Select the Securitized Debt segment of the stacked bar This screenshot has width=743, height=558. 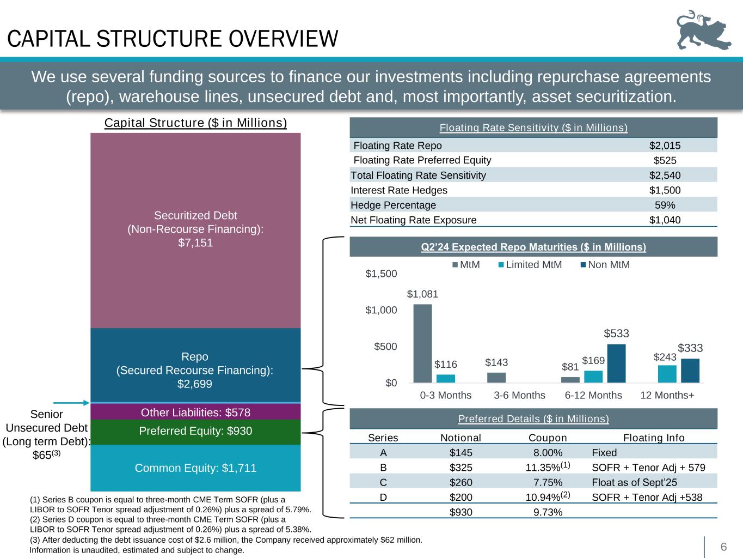point(195,229)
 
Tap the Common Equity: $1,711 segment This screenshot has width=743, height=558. point(195,468)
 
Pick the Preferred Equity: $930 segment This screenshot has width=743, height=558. point(195,431)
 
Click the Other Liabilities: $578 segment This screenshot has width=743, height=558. point(195,412)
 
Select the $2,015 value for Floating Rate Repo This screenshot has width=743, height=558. point(665,145)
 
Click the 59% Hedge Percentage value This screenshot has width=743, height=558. point(665,205)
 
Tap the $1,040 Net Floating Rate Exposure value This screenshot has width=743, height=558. point(665,220)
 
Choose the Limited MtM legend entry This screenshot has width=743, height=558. point(529,265)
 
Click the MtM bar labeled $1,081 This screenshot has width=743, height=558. point(422,343)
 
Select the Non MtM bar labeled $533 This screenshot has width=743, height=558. point(616,363)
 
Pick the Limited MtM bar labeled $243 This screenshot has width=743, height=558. point(667,374)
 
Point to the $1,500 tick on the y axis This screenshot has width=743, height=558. point(381,274)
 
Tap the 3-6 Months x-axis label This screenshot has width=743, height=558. point(519,395)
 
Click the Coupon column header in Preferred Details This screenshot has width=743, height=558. point(548,438)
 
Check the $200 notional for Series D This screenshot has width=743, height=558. point(460,497)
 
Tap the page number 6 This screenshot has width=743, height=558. point(723,547)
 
